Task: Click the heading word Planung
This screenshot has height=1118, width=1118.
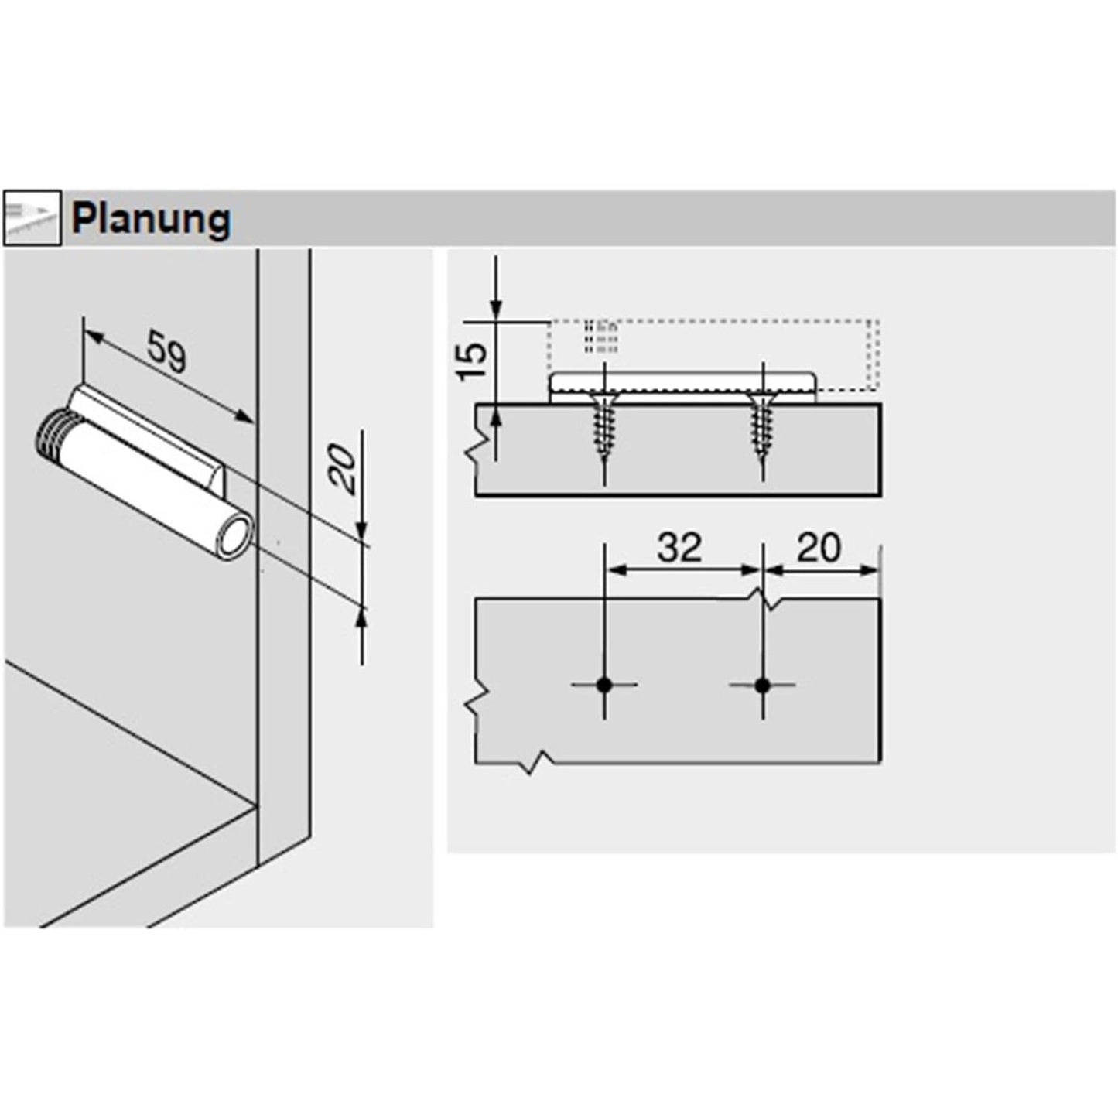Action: [x=151, y=220]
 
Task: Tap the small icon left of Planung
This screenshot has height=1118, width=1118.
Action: [x=32, y=219]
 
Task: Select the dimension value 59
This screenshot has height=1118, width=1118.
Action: [x=167, y=351]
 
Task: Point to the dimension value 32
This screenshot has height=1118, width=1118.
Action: [x=679, y=548]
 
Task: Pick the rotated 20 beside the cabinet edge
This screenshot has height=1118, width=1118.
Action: [x=346, y=470]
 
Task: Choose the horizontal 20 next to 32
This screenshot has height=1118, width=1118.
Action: [x=819, y=548]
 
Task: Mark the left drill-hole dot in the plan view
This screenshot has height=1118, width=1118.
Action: [x=604, y=685]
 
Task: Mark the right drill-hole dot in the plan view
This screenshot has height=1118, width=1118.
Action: [x=763, y=685]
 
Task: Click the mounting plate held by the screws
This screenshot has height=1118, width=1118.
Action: [x=681, y=385]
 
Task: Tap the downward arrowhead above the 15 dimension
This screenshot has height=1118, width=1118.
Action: [x=496, y=309]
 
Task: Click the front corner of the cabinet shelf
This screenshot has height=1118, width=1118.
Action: [x=256, y=805]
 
